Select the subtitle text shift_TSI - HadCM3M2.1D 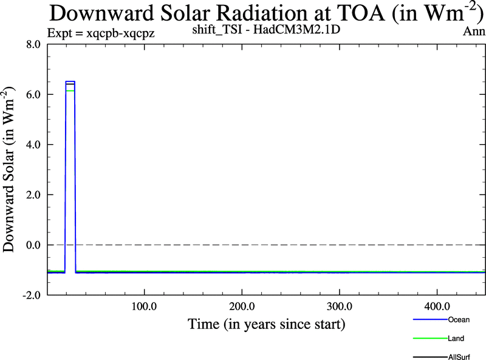pyautogui.click(x=270, y=29)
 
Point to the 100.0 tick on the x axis pyautogui.click(x=144, y=305)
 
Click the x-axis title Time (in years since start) pyautogui.click(x=266, y=324)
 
